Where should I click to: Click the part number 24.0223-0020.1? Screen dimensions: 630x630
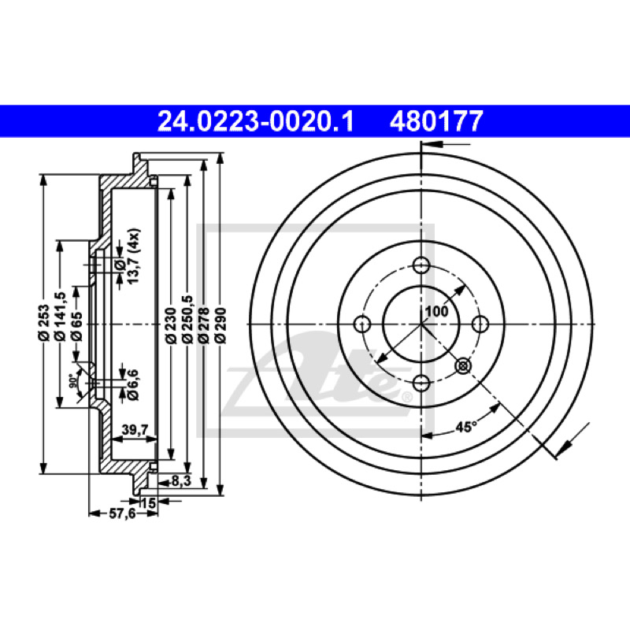[x=255, y=121]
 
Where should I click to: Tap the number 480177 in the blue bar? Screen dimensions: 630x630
[x=436, y=121]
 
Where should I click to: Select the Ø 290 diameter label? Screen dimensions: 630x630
[x=220, y=325]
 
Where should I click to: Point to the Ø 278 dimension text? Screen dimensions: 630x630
[x=204, y=325]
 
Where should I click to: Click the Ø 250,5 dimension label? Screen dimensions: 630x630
[x=187, y=320]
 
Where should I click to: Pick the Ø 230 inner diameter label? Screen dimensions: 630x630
[x=171, y=325]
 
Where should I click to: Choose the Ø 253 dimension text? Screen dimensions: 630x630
[x=44, y=323]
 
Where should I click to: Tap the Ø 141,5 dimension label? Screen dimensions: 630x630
[x=61, y=317]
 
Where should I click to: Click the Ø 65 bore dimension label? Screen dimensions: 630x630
[x=76, y=326]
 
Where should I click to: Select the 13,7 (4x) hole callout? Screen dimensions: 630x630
[x=133, y=257]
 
